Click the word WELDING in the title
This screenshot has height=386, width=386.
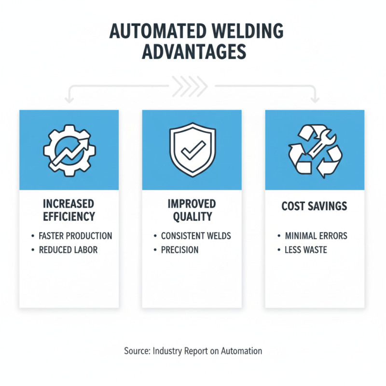coord(239,31)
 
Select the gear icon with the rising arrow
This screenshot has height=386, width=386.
coord(69,150)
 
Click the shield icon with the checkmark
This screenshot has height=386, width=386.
coord(192,150)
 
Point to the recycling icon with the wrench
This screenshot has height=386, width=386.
coord(315,150)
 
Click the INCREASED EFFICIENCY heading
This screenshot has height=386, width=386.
coord(69,209)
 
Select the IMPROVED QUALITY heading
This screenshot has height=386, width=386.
coord(192,209)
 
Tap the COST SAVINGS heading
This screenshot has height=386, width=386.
coord(315,206)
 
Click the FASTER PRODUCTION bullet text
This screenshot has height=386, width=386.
coord(75,236)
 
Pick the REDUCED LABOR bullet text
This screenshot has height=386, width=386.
coord(68,250)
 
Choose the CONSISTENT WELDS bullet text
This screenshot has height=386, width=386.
coord(196,236)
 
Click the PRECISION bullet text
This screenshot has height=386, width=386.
coord(180,250)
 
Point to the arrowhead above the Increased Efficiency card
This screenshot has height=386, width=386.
coord(69,100)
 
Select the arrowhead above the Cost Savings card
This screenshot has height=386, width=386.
coord(315,100)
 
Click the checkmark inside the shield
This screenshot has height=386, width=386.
coord(192,151)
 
